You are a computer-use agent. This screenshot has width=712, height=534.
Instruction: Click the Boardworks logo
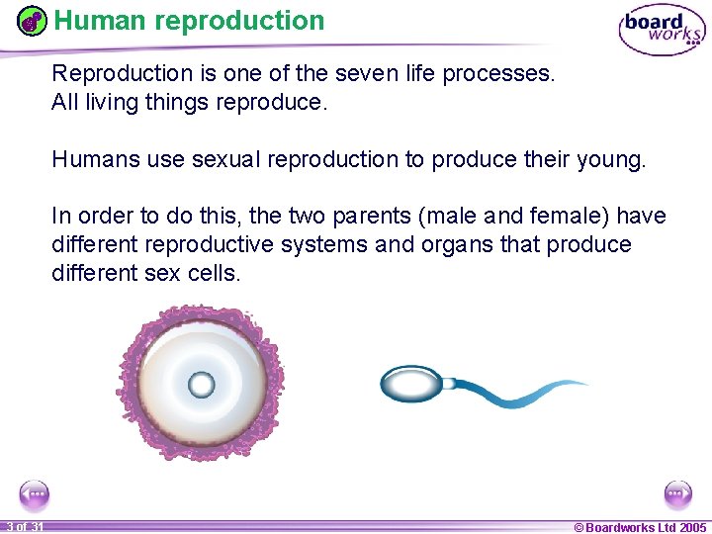pyautogui.click(x=662, y=31)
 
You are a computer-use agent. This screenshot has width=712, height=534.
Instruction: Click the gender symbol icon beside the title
pyautogui.click(x=33, y=21)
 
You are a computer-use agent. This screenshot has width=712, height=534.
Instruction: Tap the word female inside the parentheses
pyautogui.click(x=576, y=216)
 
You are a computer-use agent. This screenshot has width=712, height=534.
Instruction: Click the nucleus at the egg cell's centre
pyautogui.click(x=201, y=384)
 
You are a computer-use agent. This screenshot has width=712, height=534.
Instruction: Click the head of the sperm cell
pyautogui.click(x=410, y=384)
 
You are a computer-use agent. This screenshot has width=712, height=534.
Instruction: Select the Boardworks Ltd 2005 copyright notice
pyautogui.click(x=640, y=527)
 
